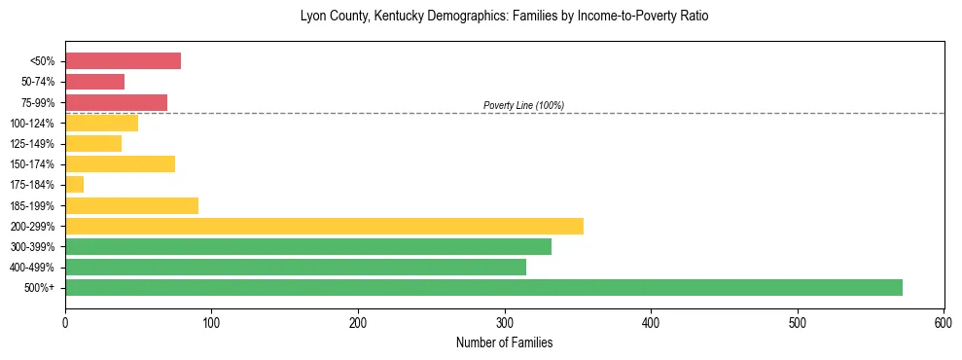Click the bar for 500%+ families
483,287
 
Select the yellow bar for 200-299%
324,226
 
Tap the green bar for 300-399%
308,246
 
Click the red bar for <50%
123,61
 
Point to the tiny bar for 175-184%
74,185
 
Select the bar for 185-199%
131,205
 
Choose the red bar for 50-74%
94,82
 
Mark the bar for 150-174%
120,164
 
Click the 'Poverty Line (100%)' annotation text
523,105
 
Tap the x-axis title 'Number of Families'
504,343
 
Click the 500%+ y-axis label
40,288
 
